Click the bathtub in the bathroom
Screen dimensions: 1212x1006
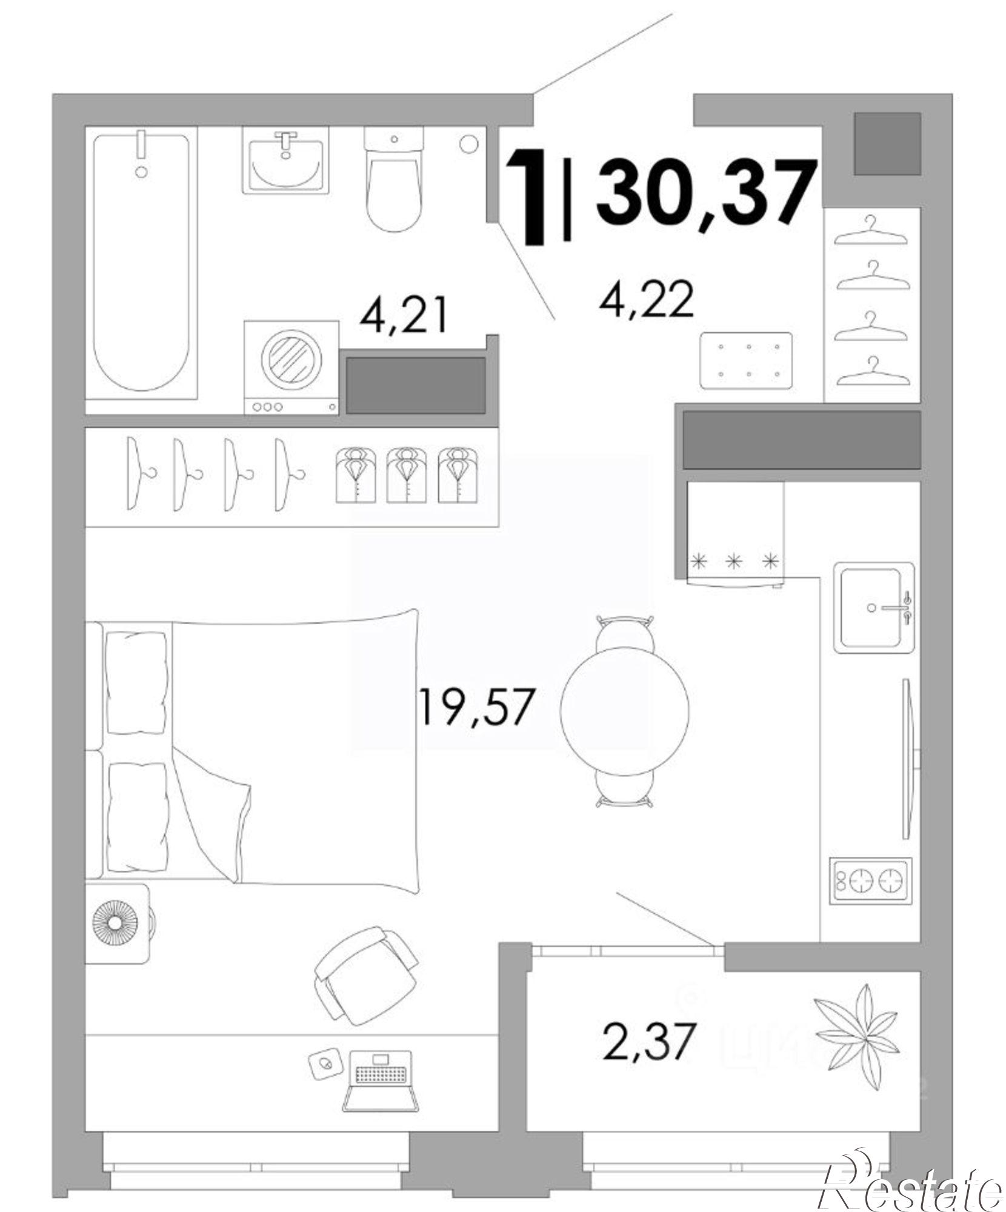[x=141, y=261]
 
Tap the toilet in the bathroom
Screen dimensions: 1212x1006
[x=394, y=182]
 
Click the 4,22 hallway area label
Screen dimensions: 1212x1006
[x=646, y=300]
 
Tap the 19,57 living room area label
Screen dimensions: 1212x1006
[x=476, y=707]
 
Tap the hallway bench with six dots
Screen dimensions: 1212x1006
[x=746, y=361]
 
